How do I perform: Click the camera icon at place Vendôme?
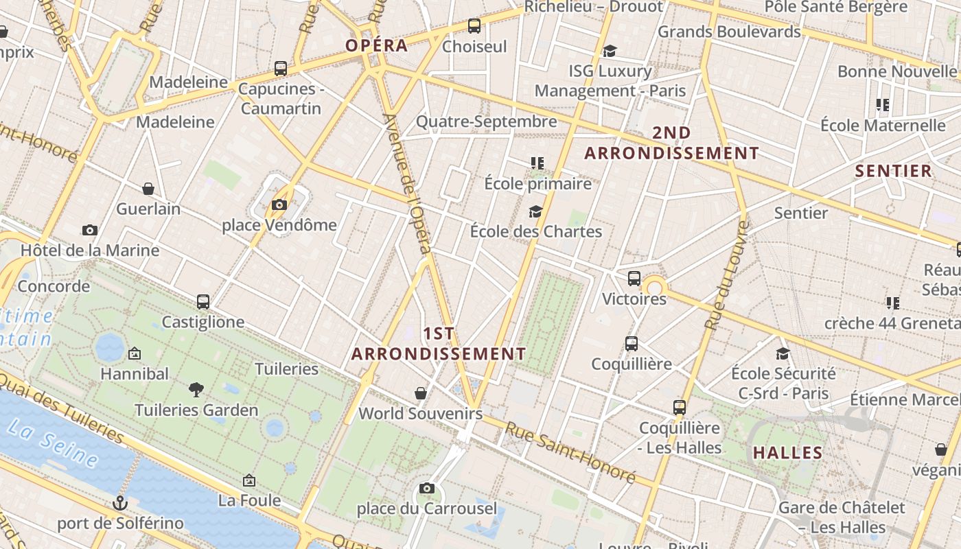point(279,205)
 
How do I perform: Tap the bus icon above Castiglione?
point(203,302)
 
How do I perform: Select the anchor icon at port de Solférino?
point(121,503)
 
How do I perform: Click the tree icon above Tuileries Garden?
point(196,390)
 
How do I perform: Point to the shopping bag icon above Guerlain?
point(148,189)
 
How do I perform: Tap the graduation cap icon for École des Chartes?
point(535,211)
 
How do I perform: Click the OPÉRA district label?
point(377,46)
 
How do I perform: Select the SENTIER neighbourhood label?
point(893,171)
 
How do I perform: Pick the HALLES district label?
point(787,453)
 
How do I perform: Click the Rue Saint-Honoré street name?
point(571,452)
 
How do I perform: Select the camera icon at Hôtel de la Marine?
point(90,231)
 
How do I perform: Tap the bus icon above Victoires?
point(634,279)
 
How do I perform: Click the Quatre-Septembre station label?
point(487,121)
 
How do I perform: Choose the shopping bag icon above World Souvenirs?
point(421,393)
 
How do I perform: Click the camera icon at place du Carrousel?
point(427,489)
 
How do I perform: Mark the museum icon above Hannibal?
point(135,354)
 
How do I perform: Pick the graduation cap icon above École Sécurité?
point(783,353)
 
